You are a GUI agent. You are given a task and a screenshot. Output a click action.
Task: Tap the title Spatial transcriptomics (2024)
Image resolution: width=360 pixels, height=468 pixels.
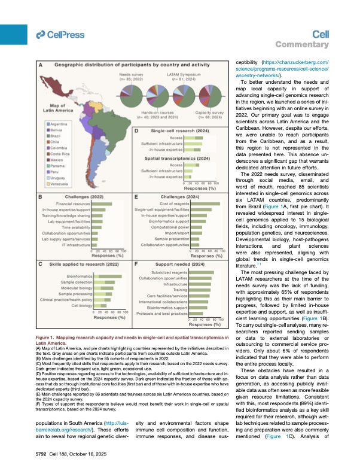182,158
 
